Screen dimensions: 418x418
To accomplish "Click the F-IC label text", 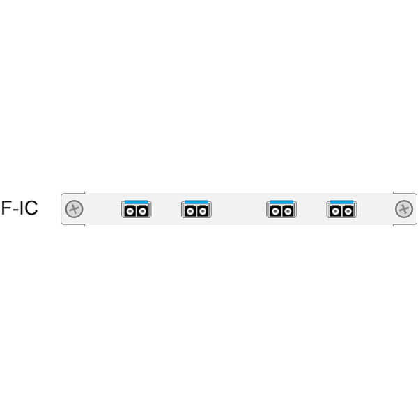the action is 20,208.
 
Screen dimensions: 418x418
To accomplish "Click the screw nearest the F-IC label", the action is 74,209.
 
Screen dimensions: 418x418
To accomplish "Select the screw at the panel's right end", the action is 404,209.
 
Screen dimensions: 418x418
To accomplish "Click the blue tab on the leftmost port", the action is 136,202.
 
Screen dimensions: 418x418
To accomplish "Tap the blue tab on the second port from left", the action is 196,202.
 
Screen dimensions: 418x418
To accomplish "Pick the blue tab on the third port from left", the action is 281,202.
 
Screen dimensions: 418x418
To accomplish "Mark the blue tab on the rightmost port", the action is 341,202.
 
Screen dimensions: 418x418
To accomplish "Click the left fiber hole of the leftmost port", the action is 130,212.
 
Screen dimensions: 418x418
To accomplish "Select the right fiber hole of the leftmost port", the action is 143,212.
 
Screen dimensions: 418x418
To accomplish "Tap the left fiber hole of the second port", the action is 190,212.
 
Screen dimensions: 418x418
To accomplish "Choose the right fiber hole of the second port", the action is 203,212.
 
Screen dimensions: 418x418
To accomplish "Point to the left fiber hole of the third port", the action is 275,212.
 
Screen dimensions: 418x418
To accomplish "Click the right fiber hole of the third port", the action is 288,212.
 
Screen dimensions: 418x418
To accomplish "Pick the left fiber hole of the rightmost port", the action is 335,212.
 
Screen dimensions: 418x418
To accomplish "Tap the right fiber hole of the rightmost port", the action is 348,212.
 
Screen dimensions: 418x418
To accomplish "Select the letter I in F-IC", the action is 22,208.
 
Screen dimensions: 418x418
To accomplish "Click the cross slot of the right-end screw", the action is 404,209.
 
